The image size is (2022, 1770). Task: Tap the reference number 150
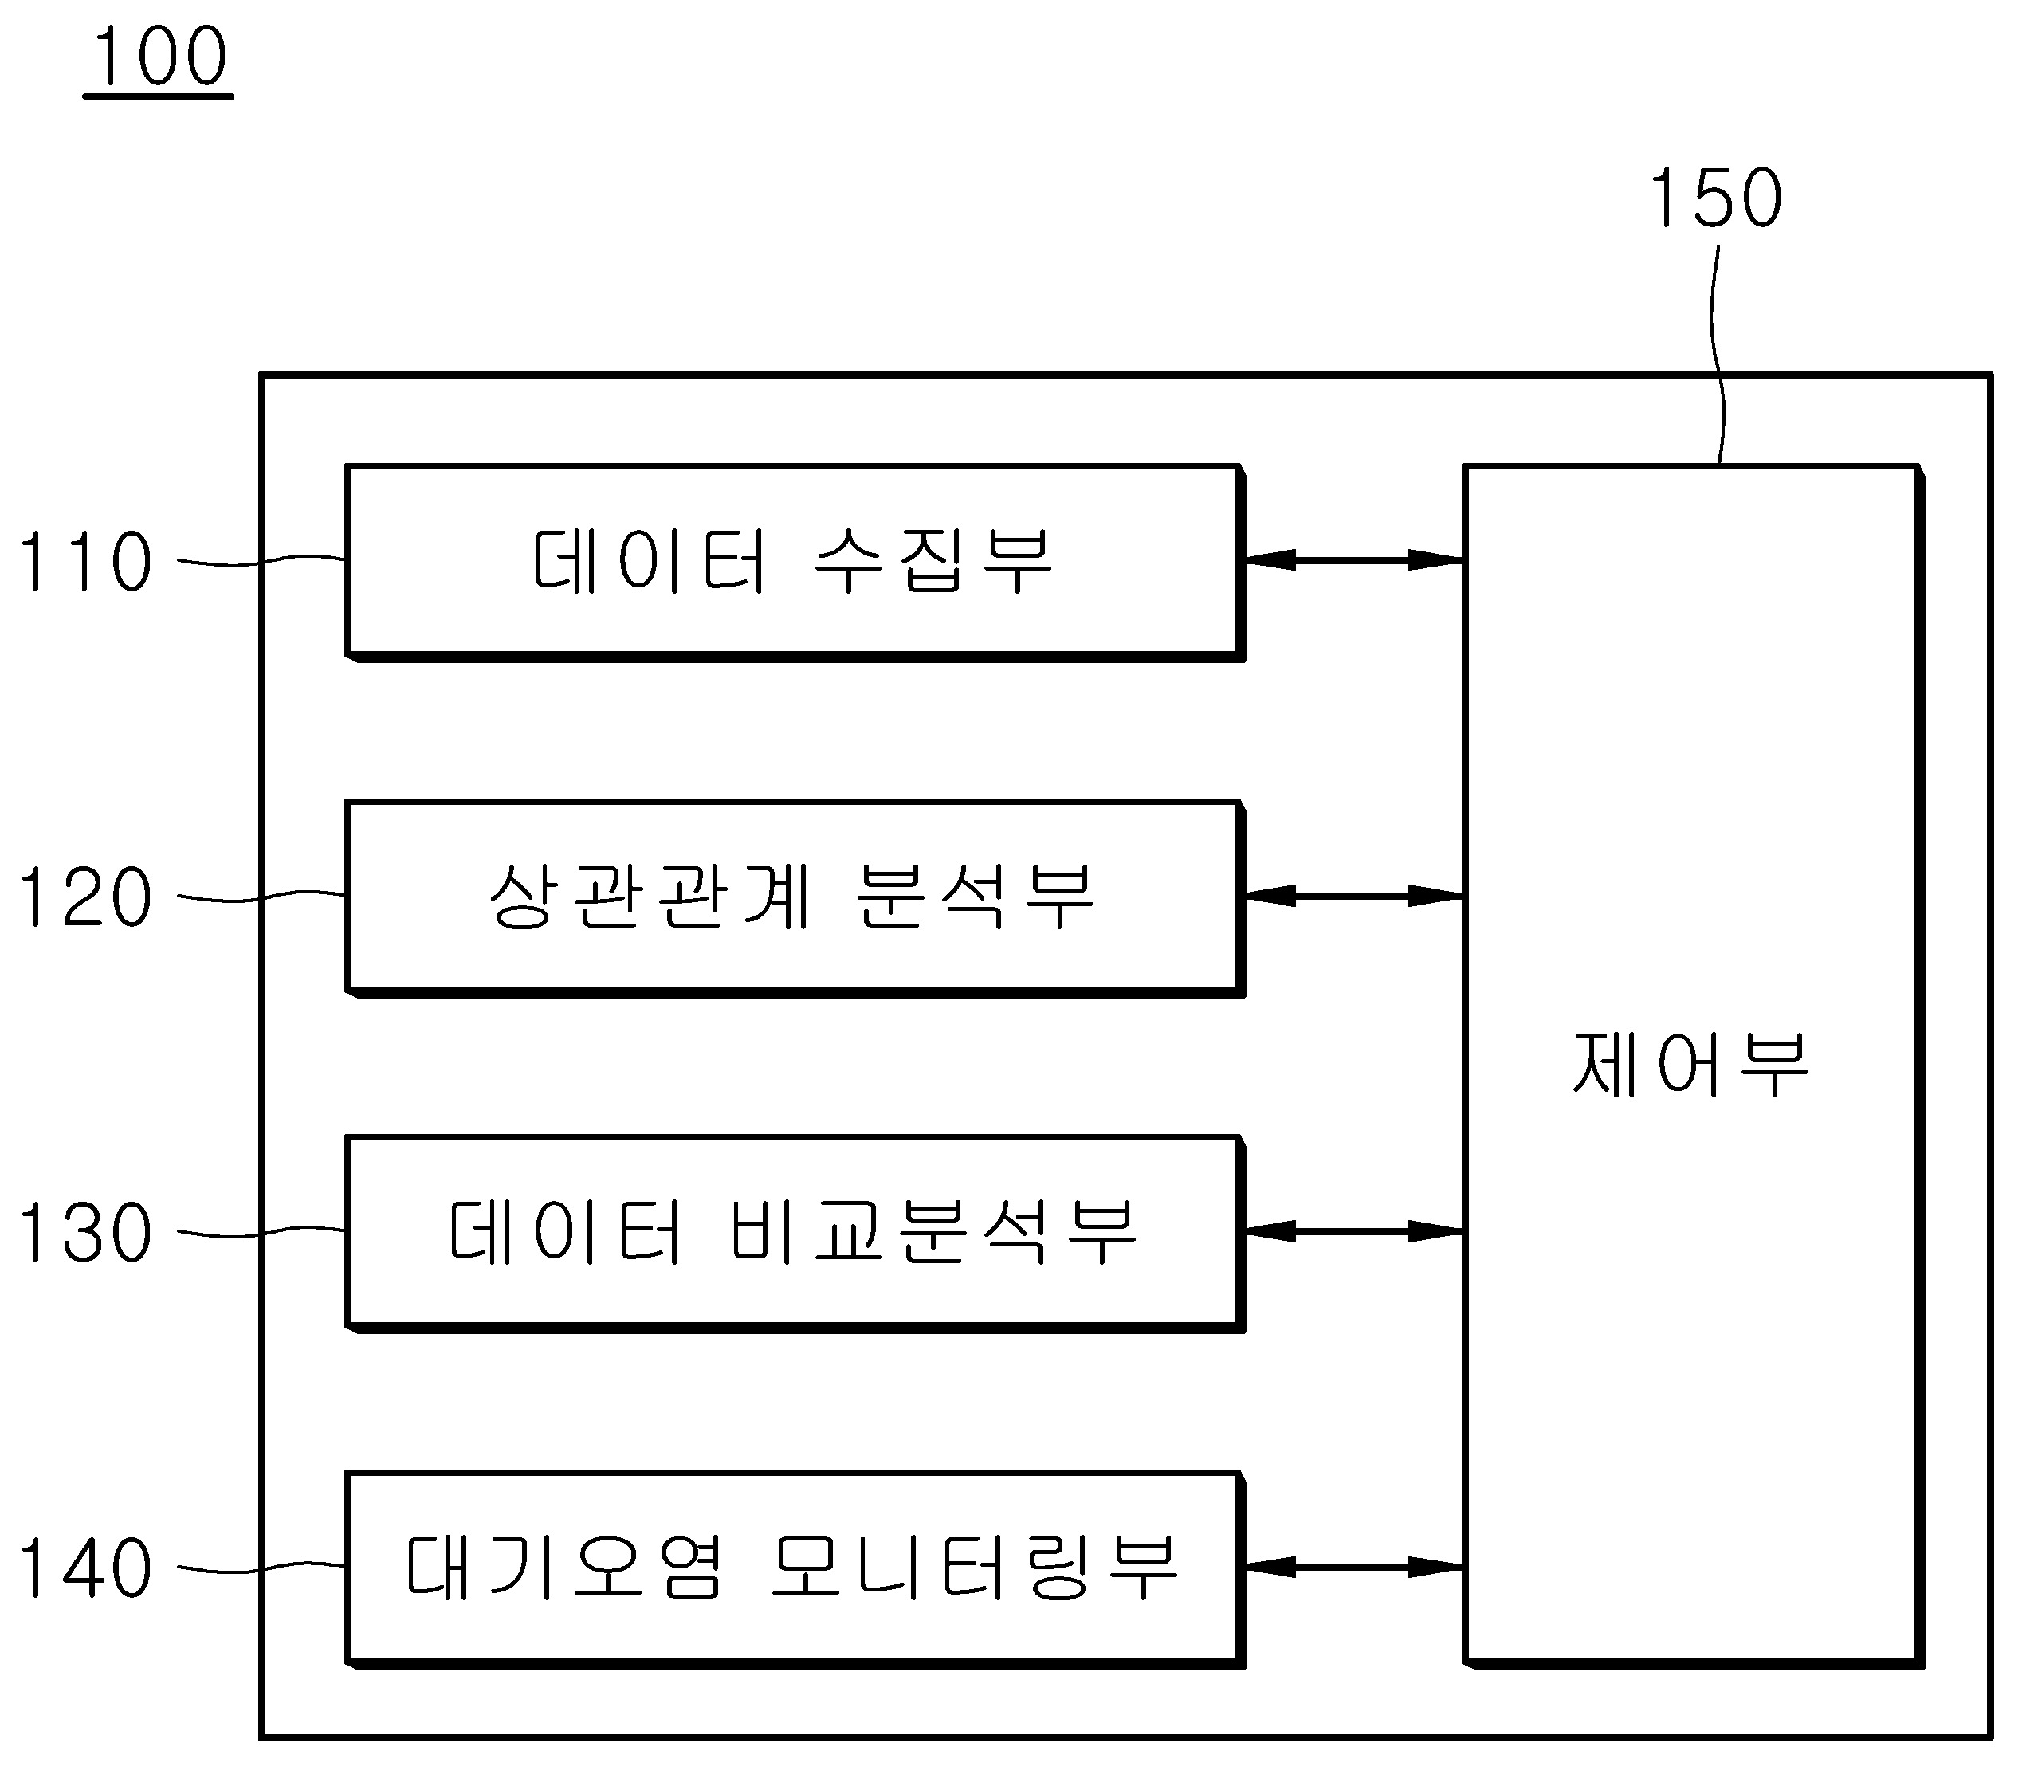(x=1716, y=198)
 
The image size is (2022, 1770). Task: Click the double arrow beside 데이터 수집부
(x=1353, y=560)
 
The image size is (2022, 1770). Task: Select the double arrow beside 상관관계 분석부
(x=1353, y=896)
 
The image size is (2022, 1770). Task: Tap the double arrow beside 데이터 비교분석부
(x=1353, y=1232)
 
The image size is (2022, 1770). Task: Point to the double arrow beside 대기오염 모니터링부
(x=1353, y=1567)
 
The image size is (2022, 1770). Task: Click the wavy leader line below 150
(x=1717, y=355)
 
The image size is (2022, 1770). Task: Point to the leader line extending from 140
(x=261, y=1568)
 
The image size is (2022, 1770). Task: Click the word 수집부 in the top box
(x=933, y=561)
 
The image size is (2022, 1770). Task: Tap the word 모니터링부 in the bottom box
(x=973, y=1568)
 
